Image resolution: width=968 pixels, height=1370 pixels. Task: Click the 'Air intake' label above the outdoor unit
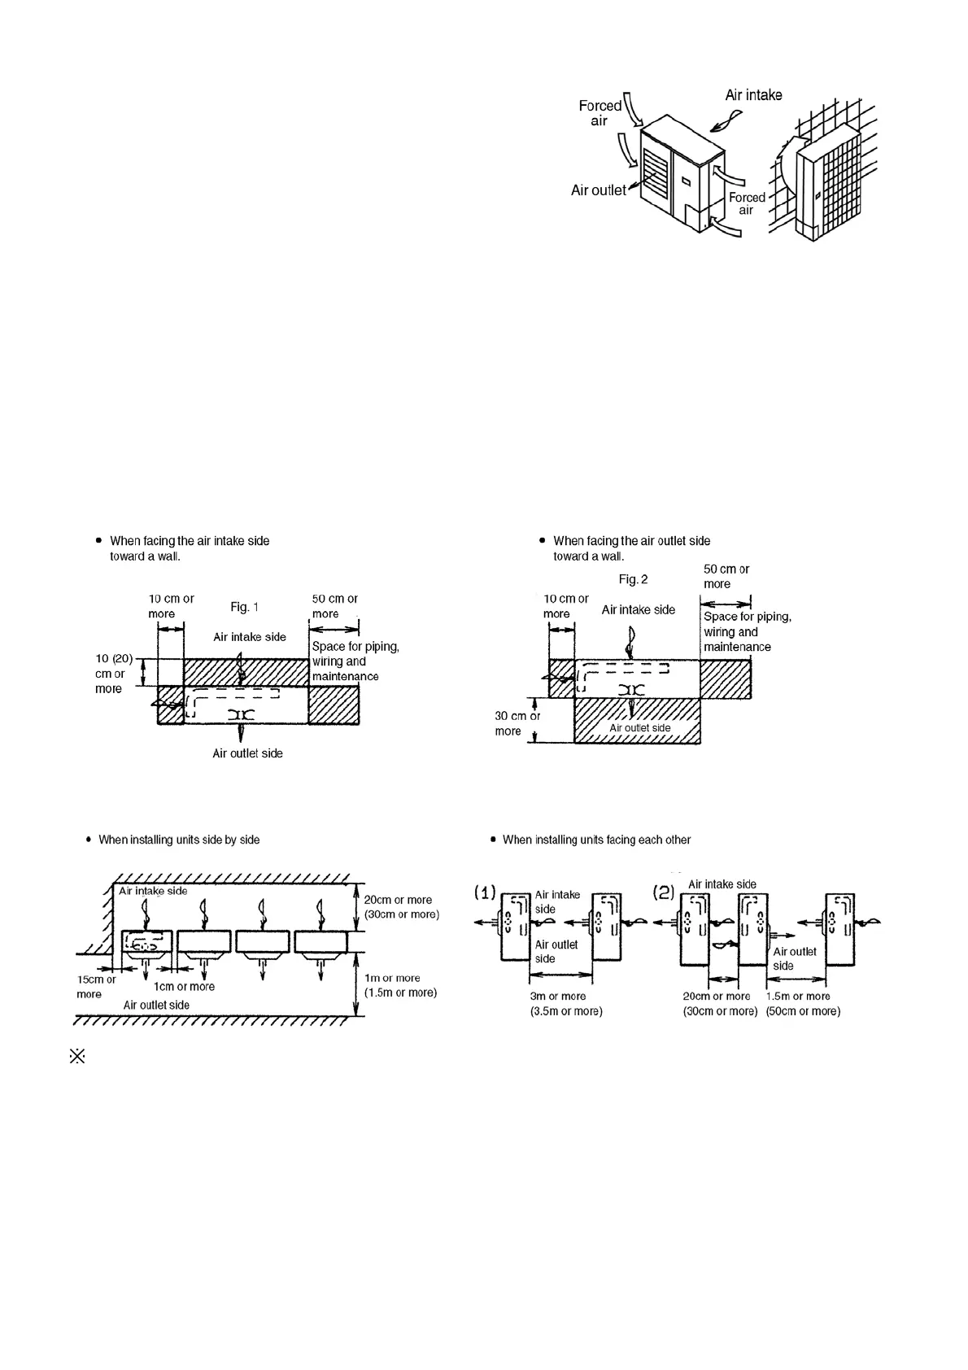(x=753, y=95)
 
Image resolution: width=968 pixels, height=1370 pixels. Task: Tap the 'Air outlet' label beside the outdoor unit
(x=598, y=190)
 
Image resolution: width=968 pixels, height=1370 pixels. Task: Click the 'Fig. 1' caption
(x=244, y=607)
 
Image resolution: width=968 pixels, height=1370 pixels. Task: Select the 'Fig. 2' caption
(x=633, y=579)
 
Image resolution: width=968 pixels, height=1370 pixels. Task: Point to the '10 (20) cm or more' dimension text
(x=112, y=674)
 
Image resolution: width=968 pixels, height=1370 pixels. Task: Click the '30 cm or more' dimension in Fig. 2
(x=517, y=723)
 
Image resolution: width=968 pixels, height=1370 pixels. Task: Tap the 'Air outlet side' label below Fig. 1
(x=247, y=753)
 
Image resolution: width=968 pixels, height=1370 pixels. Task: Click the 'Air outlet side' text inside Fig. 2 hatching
(x=640, y=728)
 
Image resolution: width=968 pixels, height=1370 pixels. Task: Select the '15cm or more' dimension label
(x=95, y=987)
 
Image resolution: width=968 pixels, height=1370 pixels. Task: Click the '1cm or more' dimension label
(x=184, y=987)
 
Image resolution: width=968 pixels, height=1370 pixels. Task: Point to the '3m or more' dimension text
(x=558, y=997)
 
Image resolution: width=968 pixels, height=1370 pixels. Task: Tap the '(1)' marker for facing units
(x=486, y=892)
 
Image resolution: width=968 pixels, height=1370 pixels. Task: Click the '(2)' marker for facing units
(x=664, y=892)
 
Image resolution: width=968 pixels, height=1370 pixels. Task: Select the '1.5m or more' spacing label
(x=799, y=997)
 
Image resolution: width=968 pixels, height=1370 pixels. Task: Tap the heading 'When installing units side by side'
(x=179, y=840)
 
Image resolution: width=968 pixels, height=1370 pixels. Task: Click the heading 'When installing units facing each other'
(x=596, y=840)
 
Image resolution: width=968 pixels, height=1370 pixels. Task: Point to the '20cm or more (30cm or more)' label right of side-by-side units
(x=401, y=907)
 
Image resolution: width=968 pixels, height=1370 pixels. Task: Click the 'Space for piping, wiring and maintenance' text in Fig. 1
(x=355, y=661)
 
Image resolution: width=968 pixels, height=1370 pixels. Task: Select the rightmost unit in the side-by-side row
(x=320, y=942)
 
